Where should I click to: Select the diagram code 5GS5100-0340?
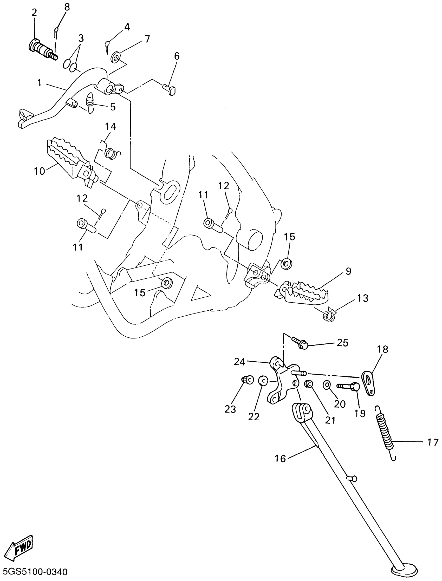pos(34,572)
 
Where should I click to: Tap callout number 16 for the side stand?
pos(280,459)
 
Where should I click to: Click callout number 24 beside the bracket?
pos(239,362)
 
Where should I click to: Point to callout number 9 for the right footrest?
pos(348,271)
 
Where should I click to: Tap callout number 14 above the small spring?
pos(110,127)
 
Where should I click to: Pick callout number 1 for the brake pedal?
pos(39,83)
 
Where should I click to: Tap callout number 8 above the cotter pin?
pos(67,7)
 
